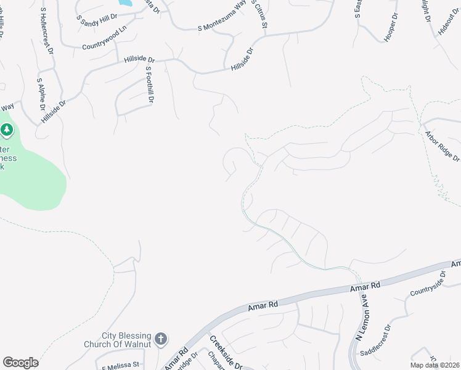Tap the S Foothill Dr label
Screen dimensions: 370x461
click(x=149, y=87)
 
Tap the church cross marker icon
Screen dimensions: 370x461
click(x=161, y=339)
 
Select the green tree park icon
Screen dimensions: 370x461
click(x=7, y=129)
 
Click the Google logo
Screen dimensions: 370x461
click(x=20, y=363)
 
